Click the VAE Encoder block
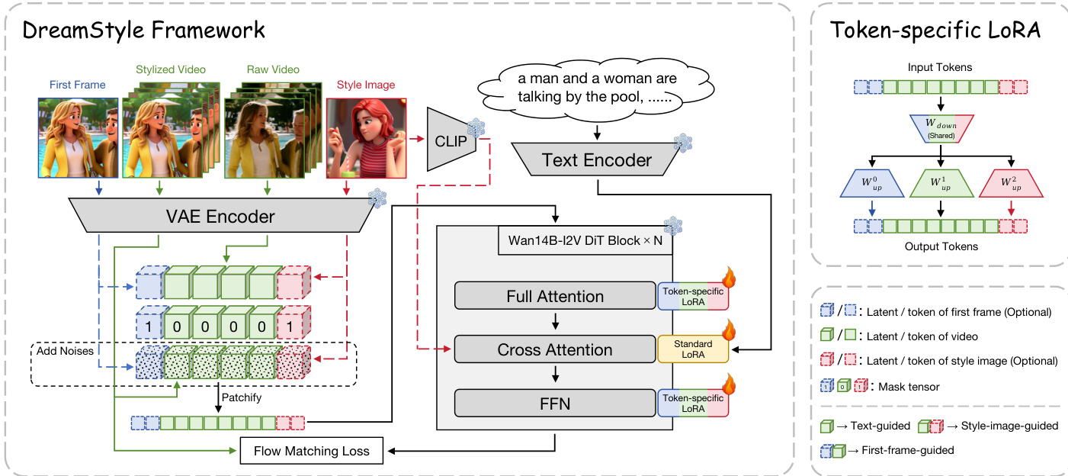(221, 217)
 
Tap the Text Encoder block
(597, 159)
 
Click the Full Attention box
(554, 295)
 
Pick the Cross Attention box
(554, 350)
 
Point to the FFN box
(554, 404)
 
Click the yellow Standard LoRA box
(693, 349)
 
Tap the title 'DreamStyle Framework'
(144, 31)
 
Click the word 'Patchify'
(242, 397)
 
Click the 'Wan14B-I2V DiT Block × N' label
(580, 242)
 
